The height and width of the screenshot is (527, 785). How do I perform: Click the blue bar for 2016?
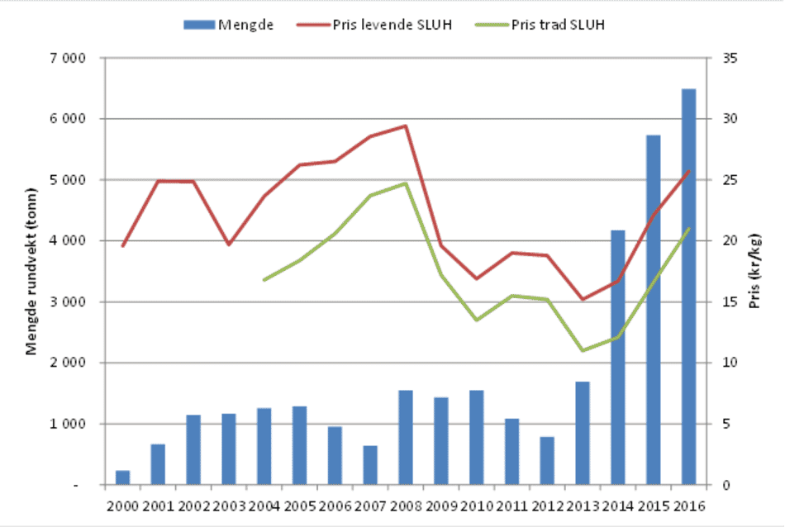(x=688, y=287)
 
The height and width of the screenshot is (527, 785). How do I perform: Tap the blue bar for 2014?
(x=617, y=358)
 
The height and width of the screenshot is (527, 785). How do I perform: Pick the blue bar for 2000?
(x=122, y=477)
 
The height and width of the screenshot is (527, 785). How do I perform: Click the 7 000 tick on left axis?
(x=69, y=58)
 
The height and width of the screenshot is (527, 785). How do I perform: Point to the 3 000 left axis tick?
(x=69, y=302)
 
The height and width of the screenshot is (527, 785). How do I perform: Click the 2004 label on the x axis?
(x=264, y=506)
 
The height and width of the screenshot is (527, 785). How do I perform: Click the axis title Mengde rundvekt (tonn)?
(x=31, y=273)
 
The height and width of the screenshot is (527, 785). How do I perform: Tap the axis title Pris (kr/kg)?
(x=754, y=273)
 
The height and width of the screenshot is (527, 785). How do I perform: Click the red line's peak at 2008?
(x=405, y=126)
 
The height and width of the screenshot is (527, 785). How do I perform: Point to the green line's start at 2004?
(x=264, y=280)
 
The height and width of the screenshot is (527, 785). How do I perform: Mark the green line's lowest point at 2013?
(x=582, y=350)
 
